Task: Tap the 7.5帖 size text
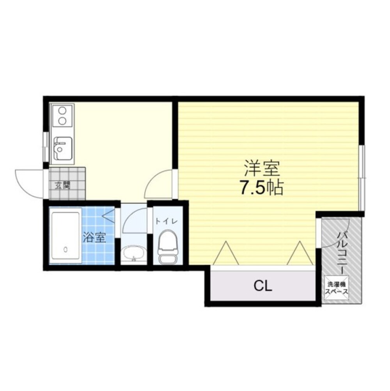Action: tap(261, 187)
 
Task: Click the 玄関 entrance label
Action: tap(62, 185)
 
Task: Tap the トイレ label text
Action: tap(166, 221)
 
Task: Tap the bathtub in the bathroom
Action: tap(65, 236)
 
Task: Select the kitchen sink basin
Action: tap(63, 148)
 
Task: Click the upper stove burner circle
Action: tap(62, 110)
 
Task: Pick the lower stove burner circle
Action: tap(62, 121)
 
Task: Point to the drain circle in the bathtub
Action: tap(66, 249)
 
